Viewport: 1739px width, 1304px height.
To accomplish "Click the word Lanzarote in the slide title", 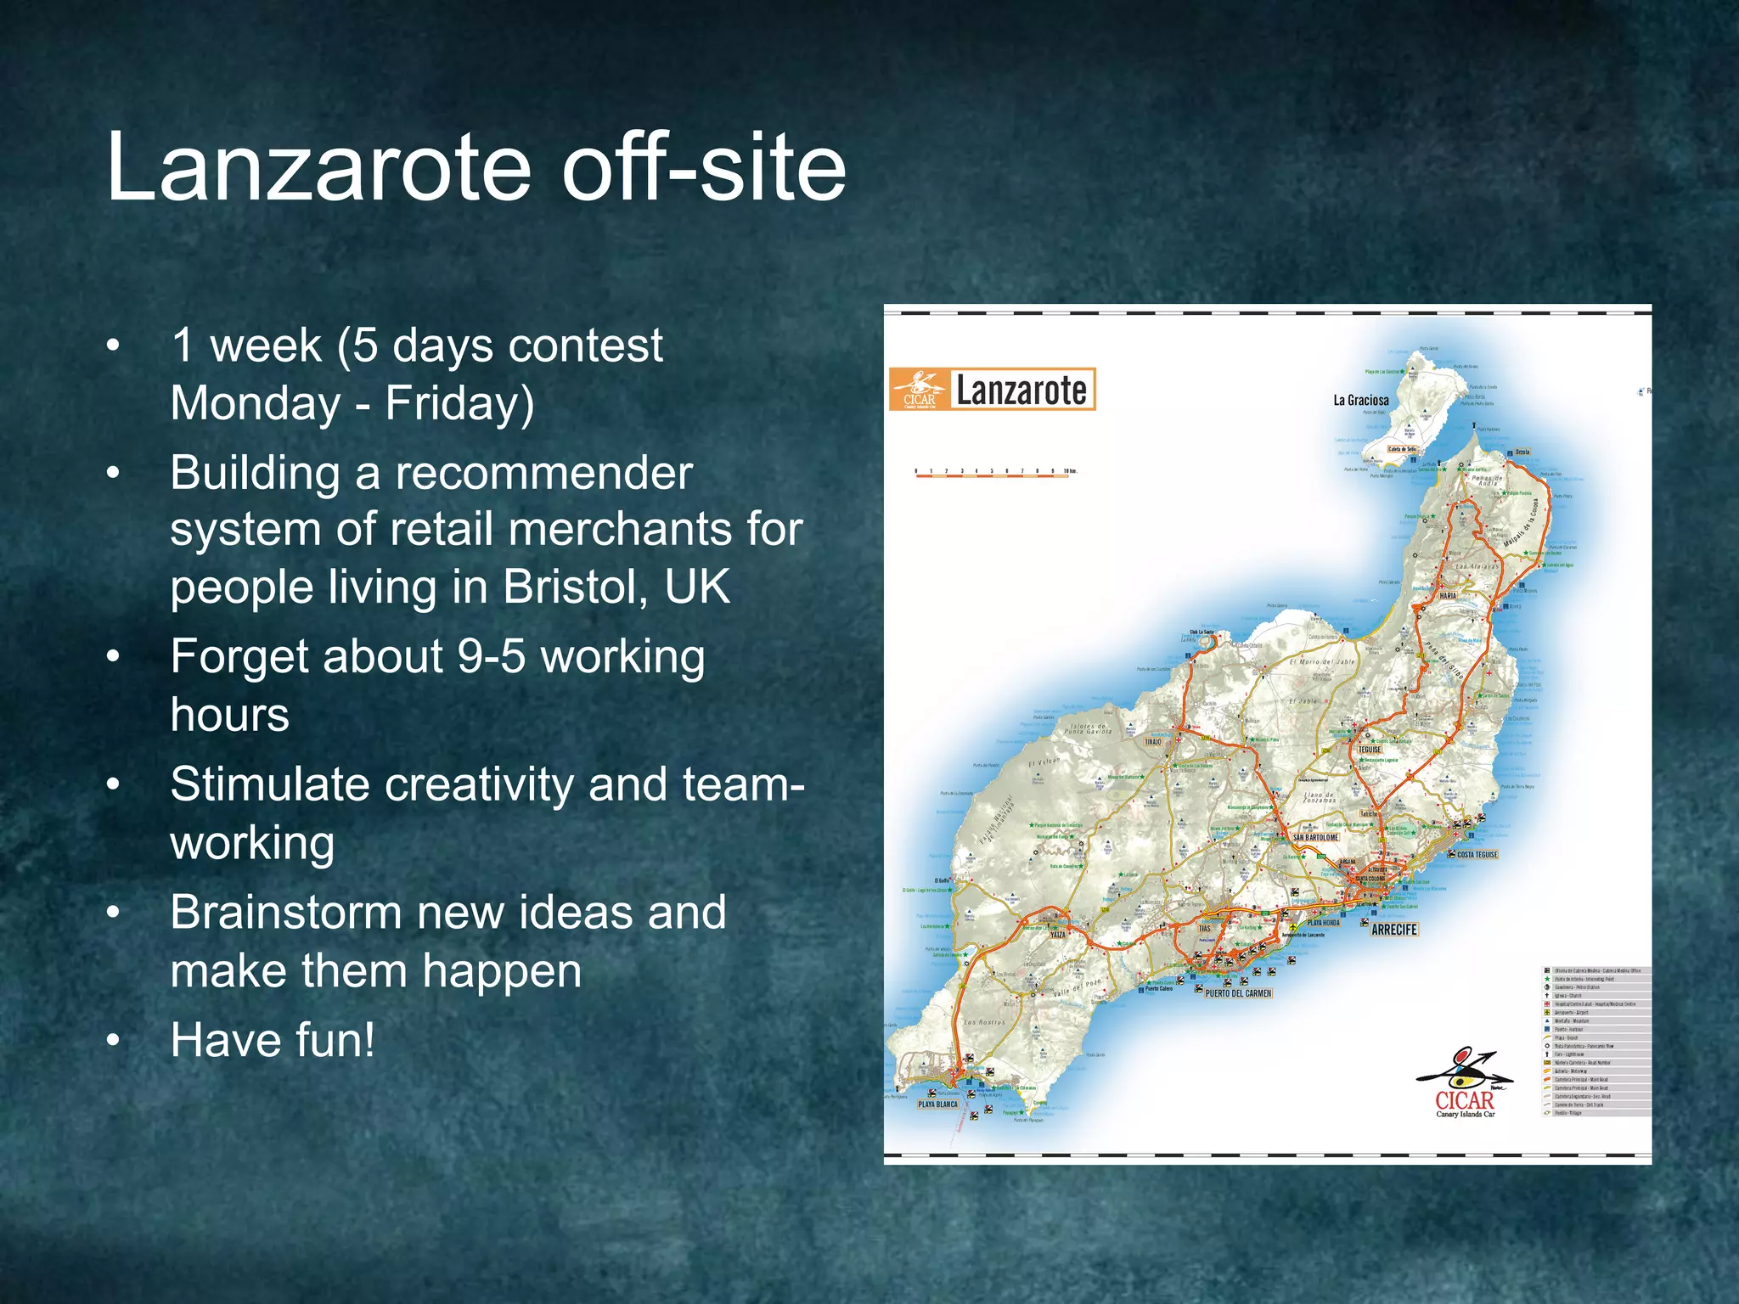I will (318, 167).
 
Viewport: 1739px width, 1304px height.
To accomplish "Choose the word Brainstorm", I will (285, 913).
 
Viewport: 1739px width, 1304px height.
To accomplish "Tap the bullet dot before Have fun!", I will (114, 1041).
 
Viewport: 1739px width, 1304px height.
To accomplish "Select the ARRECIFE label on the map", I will (1394, 930).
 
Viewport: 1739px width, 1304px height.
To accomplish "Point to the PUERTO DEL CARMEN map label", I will (1238, 993).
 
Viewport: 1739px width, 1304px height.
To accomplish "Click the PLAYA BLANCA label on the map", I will (937, 1104).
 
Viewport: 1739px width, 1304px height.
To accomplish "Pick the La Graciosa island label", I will (1361, 400).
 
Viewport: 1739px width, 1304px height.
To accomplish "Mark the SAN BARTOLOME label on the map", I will (1315, 837).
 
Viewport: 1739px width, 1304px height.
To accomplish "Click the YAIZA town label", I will (1057, 935).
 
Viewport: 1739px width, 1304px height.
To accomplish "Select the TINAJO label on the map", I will (1152, 741).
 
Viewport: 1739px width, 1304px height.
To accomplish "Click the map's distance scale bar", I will (992, 475).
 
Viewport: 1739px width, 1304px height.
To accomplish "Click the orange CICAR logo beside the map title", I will (919, 391).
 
